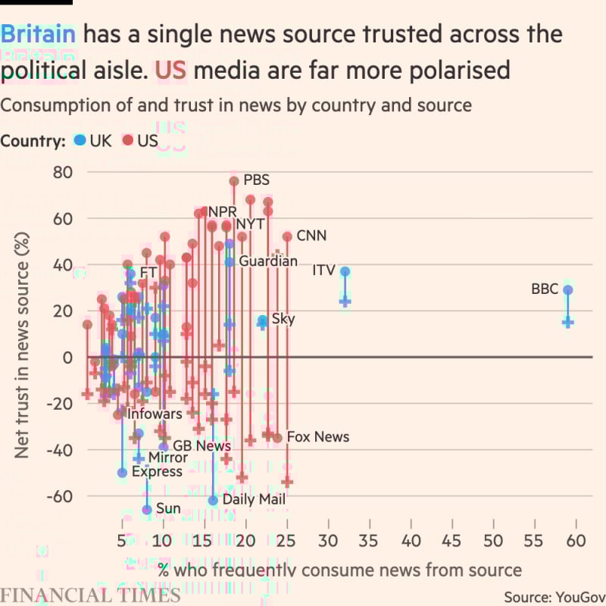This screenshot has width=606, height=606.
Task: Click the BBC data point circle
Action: pos(568,290)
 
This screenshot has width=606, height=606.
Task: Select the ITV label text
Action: pos(323,270)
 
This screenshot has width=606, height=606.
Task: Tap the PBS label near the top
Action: pos(256,181)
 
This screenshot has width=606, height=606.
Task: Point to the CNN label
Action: pos(311,236)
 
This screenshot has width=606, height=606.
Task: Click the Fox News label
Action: pos(318,437)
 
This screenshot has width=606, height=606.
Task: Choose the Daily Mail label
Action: pos(254,500)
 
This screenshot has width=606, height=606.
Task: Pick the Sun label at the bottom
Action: pos(168,509)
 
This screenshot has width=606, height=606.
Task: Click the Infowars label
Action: pos(155,414)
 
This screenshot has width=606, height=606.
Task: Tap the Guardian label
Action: pos(268,261)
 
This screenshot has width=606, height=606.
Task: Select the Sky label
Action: pos(283,319)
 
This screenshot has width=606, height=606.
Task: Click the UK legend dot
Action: pos(80,141)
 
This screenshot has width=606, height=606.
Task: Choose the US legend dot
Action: pos(127,141)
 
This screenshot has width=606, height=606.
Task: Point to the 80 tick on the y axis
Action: pos(64,173)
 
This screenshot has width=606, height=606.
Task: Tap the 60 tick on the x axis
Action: pos(576,543)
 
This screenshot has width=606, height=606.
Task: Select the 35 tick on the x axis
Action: pos(370,543)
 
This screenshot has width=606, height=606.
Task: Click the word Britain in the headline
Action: pos(39,34)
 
